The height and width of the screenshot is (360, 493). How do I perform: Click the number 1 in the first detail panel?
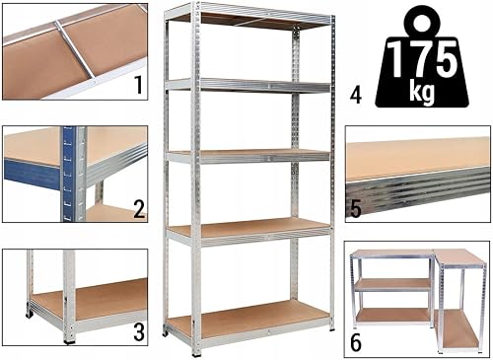pyautogui.click(x=139, y=85)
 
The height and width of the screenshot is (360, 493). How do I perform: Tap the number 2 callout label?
pyautogui.click(x=139, y=209)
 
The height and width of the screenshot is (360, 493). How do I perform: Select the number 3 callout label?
pyautogui.click(x=139, y=331)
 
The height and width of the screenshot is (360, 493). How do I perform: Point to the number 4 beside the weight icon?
pyautogui.click(x=356, y=97)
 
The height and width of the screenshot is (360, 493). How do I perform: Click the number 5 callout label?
pyautogui.click(x=356, y=209)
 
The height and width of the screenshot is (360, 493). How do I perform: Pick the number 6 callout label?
pyautogui.click(x=356, y=343)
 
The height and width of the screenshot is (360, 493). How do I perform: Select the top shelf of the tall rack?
pyautogui.click(x=249, y=21)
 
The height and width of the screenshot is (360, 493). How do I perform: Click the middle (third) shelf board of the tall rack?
pyautogui.click(x=248, y=156)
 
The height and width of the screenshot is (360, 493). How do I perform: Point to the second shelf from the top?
pyautogui.click(x=248, y=86)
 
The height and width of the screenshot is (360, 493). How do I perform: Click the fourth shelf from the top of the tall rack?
pyautogui.click(x=248, y=231)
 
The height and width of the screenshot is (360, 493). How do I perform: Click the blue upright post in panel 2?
pyautogui.click(x=69, y=174)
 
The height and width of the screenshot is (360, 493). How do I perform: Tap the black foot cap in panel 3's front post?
pyautogui.click(x=69, y=341)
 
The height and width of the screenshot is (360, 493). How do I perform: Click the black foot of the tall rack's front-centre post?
pyautogui.click(x=196, y=354)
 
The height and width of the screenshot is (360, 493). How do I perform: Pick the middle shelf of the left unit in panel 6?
pyautogui.click(x=393, y=285)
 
